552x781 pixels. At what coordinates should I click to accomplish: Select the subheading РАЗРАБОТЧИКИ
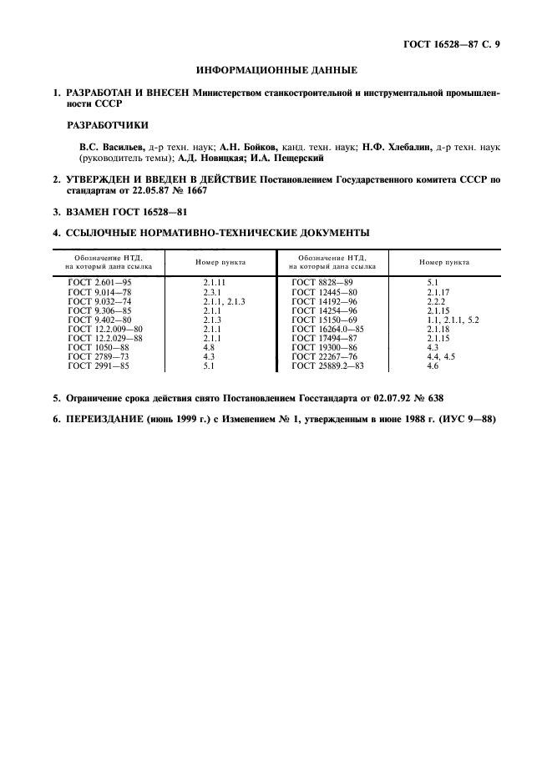pos(107,125)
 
